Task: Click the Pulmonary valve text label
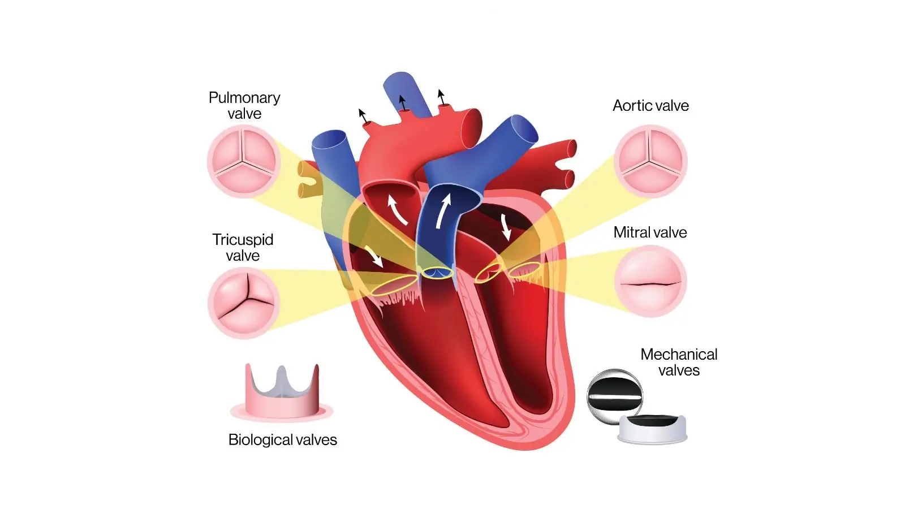coord(244,105)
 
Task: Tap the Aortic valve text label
coord(650,106)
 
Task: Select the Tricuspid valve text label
coord(243,247)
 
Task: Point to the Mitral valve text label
coord(650,232)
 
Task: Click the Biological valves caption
coord(282,439)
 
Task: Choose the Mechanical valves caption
coord(679,362)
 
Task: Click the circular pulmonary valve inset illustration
coord(244,161)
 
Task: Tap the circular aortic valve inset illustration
coord(650,161)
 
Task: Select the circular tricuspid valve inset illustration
coord(244,303)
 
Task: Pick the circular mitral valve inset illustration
coord(650,282)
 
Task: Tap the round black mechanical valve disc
coord(614,395)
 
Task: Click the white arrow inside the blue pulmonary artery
coord(443,210)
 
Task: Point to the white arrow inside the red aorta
coord(397,209)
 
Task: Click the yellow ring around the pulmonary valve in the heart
coord(437,273)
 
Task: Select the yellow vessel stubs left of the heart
coord(309,179)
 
